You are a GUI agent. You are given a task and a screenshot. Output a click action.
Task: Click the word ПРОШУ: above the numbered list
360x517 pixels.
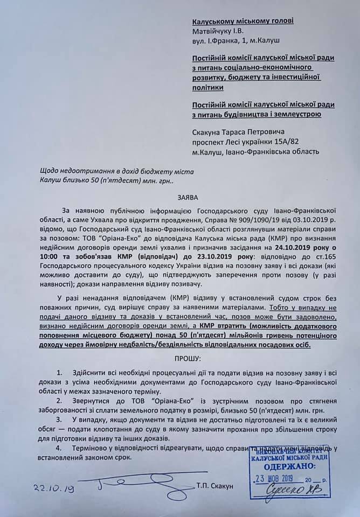click(x=179, y=358)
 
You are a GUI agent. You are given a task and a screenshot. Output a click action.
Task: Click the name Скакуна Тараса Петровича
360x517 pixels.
click(x=238, y=132)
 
